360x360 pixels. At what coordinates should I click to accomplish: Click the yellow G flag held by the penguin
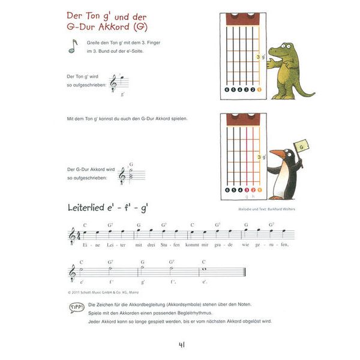[301, 145]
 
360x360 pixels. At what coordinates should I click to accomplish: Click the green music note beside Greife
[73, 46]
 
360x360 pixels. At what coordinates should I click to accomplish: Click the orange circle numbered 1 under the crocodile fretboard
[260, 90]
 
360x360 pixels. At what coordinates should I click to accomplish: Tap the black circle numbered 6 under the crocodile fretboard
[227, 90]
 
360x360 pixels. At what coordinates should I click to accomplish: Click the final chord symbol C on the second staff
[204, 262]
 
